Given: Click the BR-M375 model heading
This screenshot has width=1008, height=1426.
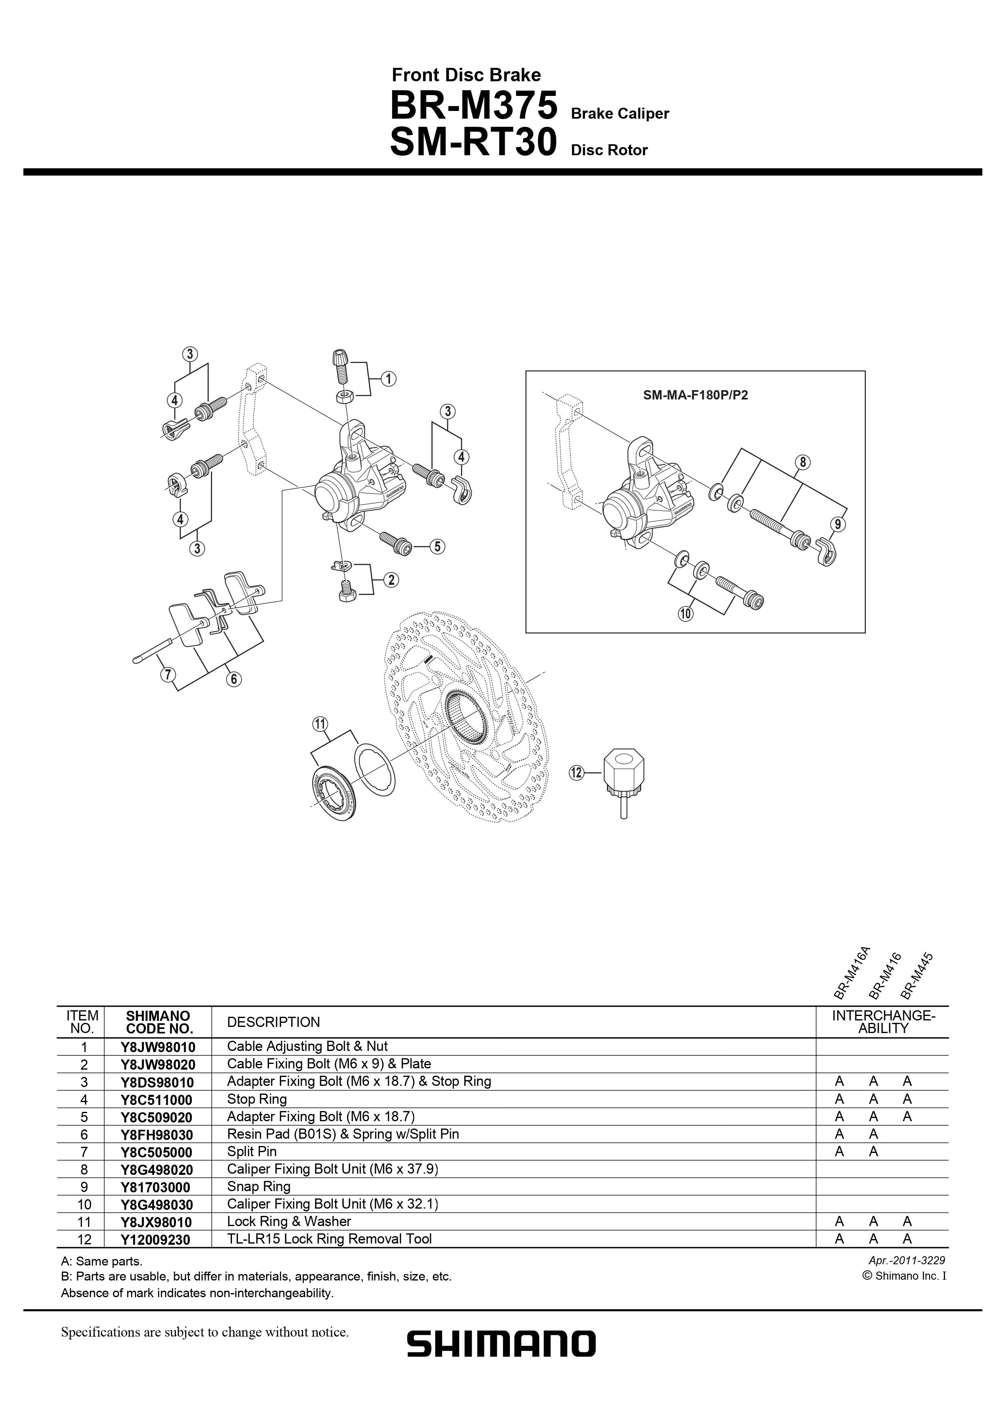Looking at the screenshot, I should coord(473,106).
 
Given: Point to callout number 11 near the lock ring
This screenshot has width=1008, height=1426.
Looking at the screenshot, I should coord(320,724).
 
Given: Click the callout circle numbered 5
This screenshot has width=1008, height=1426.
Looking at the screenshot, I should coord(437,547).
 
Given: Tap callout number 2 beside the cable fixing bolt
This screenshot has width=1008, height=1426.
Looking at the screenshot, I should coord(391,580).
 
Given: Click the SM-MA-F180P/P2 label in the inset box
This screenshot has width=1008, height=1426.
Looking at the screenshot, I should coord(695,395).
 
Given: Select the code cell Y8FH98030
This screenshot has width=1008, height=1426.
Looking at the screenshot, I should coord(157,1135).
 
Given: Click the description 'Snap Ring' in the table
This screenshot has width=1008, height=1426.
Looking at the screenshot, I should coord(258,1186).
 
